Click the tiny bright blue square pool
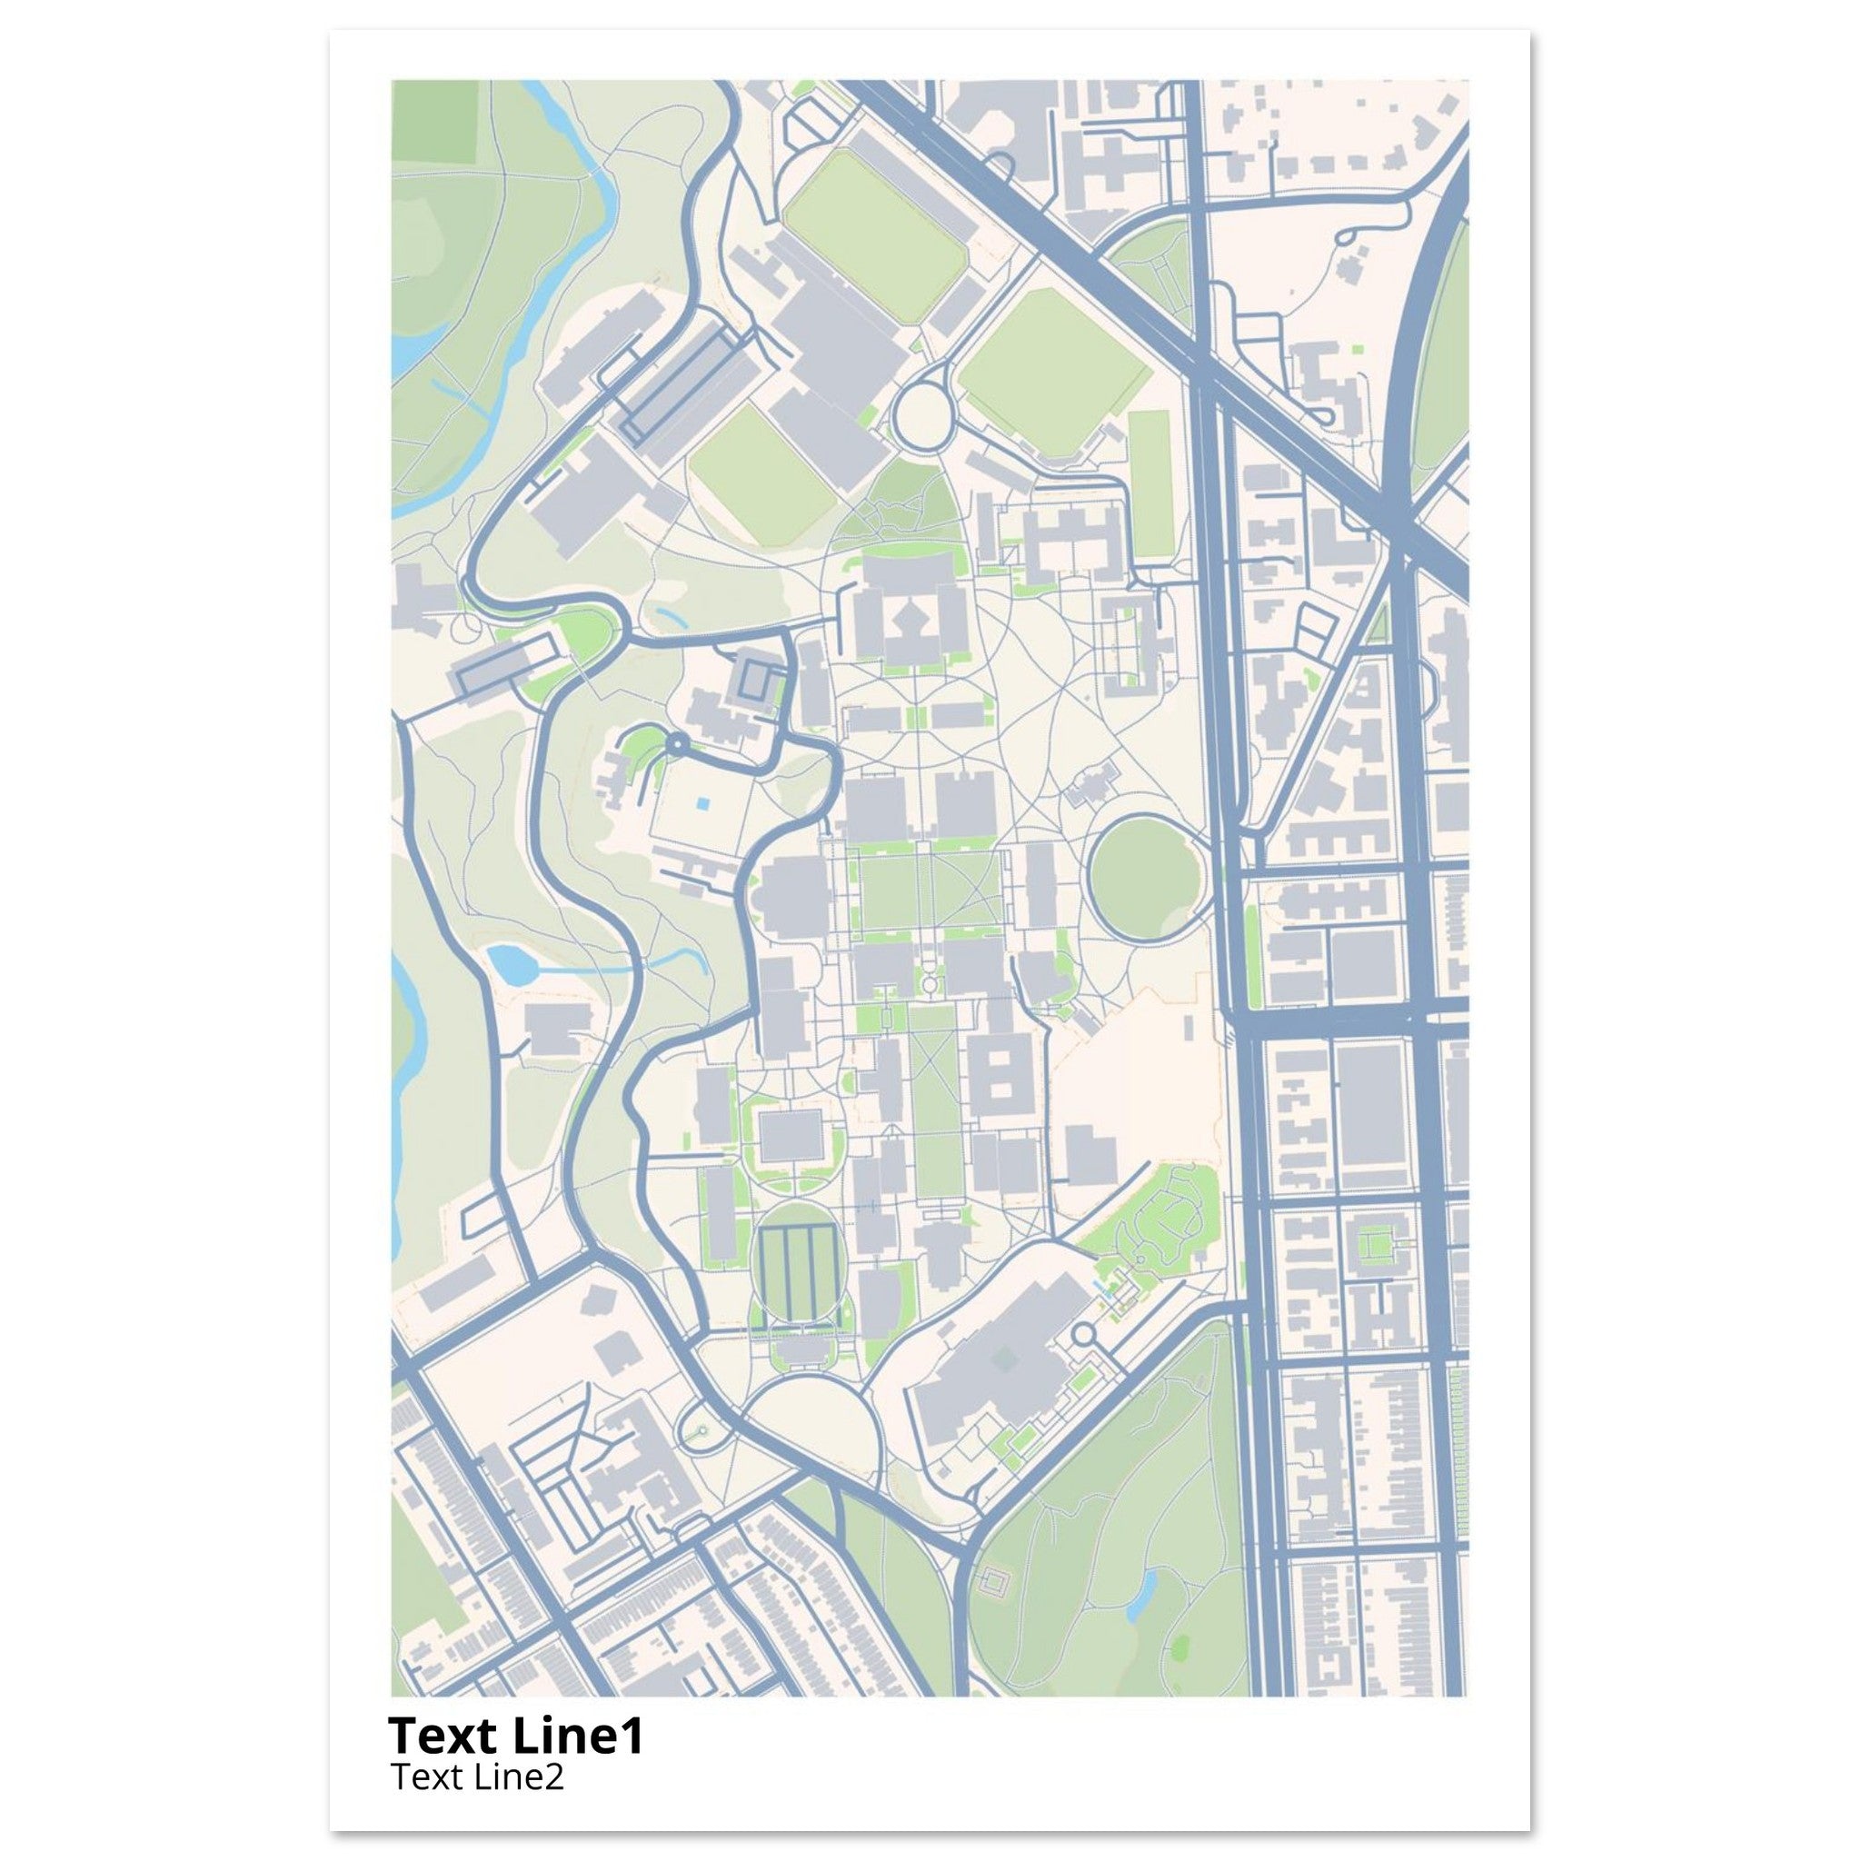tap(704, 801)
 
